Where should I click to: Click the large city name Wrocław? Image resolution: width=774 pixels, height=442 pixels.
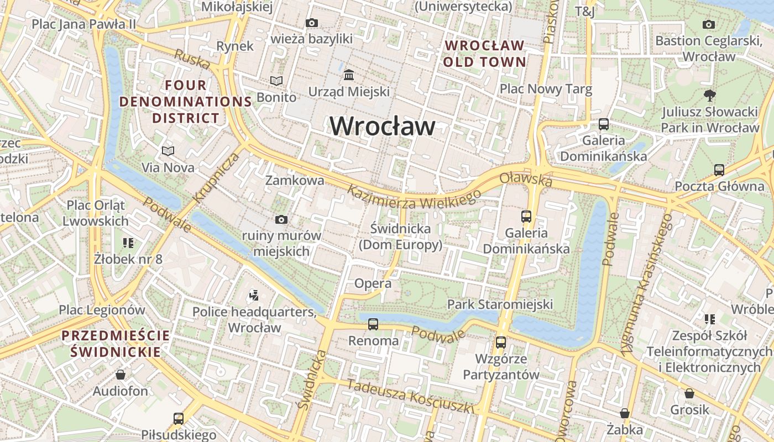(382, 127)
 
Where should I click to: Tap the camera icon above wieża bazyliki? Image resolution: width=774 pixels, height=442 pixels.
(312, 23)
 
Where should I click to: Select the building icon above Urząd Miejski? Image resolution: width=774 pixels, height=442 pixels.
(349, 75)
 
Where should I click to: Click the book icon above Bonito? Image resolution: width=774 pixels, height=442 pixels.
(276, 81)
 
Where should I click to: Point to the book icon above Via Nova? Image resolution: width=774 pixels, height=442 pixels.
(168, 151)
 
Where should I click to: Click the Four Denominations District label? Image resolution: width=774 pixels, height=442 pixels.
(186, 102)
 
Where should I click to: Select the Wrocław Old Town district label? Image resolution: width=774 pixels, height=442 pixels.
(484, 54)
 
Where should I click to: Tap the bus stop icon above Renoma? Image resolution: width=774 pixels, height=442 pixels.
(373, 324)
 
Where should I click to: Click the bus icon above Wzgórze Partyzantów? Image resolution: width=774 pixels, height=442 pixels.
(501, 343)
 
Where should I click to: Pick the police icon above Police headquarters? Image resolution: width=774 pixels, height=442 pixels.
(254, 296)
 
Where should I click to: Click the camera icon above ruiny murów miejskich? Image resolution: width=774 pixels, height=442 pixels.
(281, 220)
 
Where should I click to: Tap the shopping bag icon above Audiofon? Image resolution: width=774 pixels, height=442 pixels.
(121, 375)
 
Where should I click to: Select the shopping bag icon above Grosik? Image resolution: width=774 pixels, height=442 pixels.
(689, 393)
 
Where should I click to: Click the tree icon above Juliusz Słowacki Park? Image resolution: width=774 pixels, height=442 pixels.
(710, 96)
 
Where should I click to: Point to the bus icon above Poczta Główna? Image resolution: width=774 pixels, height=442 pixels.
(719, 170)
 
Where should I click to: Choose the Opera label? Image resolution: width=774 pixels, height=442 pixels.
(373, 283)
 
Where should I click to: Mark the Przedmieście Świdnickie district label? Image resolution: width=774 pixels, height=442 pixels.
(116, 344)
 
